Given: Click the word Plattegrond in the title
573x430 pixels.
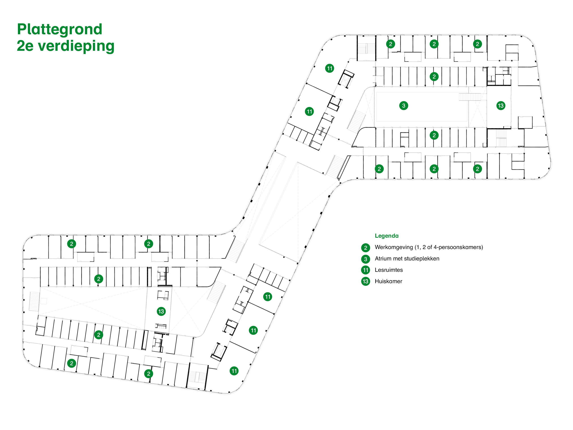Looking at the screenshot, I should [60, 29].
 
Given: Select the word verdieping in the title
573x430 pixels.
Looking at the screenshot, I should [76, 46].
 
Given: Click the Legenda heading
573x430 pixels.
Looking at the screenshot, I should [387, 236].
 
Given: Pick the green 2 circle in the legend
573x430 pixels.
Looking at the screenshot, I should [366, 248].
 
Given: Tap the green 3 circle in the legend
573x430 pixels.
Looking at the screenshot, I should [366, 259].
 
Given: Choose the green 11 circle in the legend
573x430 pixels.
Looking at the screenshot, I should [366, 270].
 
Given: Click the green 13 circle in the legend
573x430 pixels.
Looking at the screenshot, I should [366, 282].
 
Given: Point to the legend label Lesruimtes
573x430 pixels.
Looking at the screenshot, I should [389, 270].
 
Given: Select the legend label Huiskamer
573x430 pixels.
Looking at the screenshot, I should [388, 282].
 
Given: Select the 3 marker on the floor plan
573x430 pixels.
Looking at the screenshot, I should [404, 106].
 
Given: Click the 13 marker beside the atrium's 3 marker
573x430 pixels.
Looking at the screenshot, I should [501, 106].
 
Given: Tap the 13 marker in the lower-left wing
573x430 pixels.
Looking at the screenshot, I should [161, 312].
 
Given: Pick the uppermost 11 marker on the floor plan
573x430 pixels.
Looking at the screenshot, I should [329, 69].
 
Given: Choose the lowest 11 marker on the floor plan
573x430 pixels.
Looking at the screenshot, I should [234, 371].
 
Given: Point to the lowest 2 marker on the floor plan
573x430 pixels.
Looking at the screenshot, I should [148, 374].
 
